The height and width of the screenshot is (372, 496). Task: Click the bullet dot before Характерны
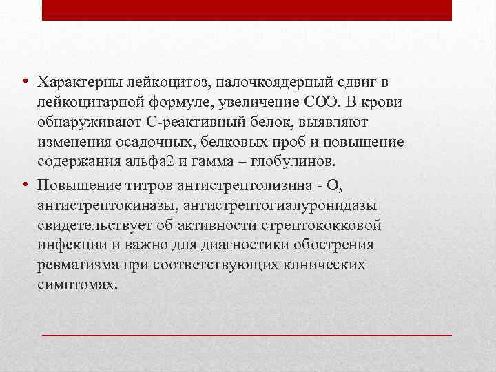[24, 82]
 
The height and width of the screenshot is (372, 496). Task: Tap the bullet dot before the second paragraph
[24, 185]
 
